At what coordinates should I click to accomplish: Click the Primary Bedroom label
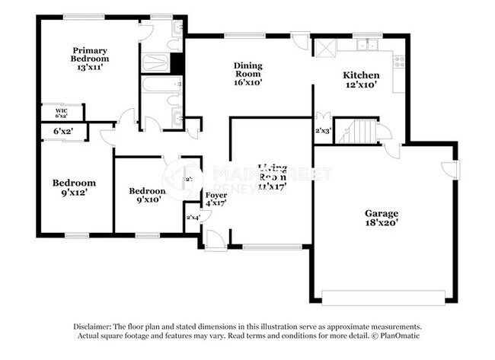[89, 59]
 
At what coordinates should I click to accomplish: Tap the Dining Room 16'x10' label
[247, 74]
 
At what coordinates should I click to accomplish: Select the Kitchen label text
[360, 79]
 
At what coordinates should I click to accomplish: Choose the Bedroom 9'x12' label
[74, 187]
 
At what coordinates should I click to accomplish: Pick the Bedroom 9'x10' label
[147, 195]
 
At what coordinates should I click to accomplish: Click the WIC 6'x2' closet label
[61, 113]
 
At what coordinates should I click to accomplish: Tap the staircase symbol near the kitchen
[357, 132]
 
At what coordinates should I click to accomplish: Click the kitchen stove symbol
[398, 60]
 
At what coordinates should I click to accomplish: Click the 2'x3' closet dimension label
[322, 130]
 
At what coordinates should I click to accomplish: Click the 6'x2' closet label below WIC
[62, 132]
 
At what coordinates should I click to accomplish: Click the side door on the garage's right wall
[452, 170]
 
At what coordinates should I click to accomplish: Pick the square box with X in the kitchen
[324, 46]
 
